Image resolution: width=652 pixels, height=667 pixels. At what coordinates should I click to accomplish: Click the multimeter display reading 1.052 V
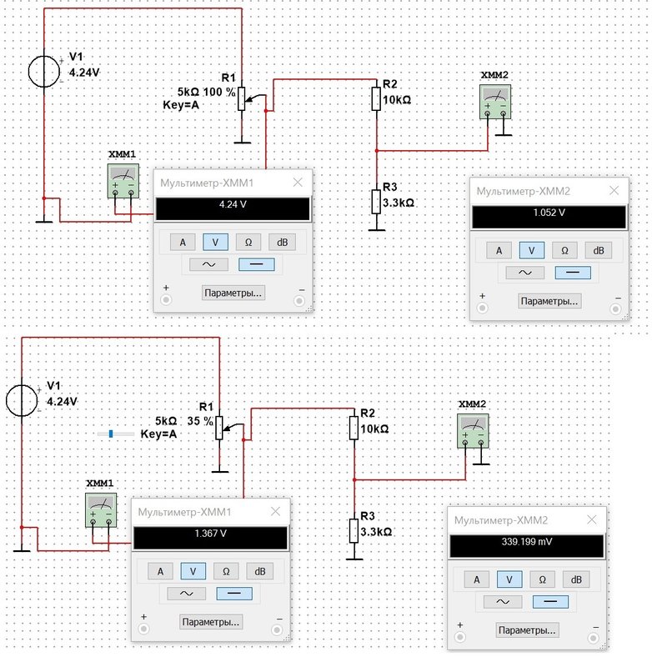point(549,218)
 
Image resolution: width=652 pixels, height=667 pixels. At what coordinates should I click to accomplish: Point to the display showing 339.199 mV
point(527,546)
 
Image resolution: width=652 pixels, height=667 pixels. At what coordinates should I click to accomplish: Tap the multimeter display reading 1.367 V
point(211,538)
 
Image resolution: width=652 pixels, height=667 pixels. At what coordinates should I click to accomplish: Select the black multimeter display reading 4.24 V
point(233,209)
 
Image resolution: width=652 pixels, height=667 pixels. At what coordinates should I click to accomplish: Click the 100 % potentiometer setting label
point(219,92)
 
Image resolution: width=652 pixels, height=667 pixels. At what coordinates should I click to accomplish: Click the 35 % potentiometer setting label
point(200,421)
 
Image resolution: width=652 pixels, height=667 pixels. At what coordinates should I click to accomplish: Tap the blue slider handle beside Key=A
point(111,434)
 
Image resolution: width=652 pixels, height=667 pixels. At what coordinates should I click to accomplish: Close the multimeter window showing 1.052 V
point(614,191)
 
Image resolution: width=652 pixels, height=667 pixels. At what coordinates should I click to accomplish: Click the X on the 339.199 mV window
point(592,519)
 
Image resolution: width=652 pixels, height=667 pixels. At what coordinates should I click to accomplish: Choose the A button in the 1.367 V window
point(160,571)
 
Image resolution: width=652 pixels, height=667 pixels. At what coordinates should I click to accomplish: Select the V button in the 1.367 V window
point(193,571)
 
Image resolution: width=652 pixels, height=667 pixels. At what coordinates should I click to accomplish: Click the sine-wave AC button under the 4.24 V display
point(208,264)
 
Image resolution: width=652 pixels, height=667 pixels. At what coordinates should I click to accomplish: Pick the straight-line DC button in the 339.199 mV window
point(550,601)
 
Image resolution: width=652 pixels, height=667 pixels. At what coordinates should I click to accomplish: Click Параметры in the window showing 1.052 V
point(549,301)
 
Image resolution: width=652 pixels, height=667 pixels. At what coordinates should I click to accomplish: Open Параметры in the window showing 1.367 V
point(211,622)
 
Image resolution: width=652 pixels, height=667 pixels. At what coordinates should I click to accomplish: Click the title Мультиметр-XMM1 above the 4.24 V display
point(207,183)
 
